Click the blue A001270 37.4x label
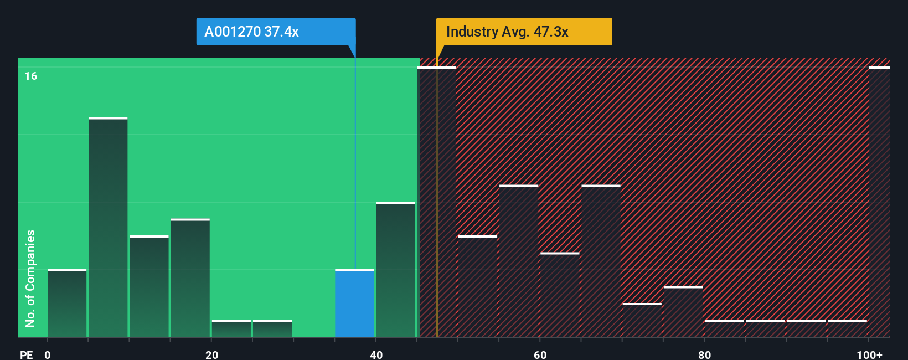(x=276, y=32)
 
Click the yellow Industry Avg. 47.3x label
(x=524, y=32)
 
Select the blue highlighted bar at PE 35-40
(x=354, y=304)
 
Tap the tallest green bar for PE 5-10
(x=108, y=227)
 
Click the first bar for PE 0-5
(x=67, y=304)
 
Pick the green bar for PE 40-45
(x=395, y=269)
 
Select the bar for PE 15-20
(x=190, y=278)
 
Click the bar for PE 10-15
(x=149, y=286)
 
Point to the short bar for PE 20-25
(x=231, y=328)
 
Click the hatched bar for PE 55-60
(x=519, y=261)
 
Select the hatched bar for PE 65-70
(x=601, y=261)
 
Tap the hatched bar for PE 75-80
(x=683, y=312)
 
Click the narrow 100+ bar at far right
(x=879, y=202)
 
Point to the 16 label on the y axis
(x=31, y=76)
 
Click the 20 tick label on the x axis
(x=211, y=354)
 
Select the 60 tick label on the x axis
(x=540, y=354)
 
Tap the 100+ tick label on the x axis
(x=869, y=354)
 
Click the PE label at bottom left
(x=26, y=354)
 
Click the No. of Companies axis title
(x=30, y=278)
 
